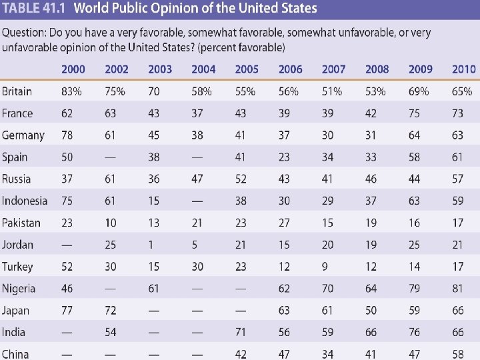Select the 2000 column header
[x=73, y=69]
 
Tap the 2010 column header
[x=463, y=69]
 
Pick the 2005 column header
[x=247, y=69]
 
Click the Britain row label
[x=17, y=91]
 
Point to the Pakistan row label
[x=21, y=223]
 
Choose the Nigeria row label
[x=19, y=289]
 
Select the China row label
[x=15, y=354]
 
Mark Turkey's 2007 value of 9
[x=325, y=267]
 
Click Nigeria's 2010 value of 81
[x=457, y=289]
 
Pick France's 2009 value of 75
[x=415, y=113]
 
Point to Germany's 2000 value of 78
[x=67, y=135]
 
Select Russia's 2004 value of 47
[x=197, y=179]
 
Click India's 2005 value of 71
[x=241, y=332]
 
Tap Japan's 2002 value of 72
[x=111, y=310]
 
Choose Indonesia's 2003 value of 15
[x=154, y=201]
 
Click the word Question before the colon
[x=23, y=33]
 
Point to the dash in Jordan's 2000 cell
[x=67, y=245]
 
